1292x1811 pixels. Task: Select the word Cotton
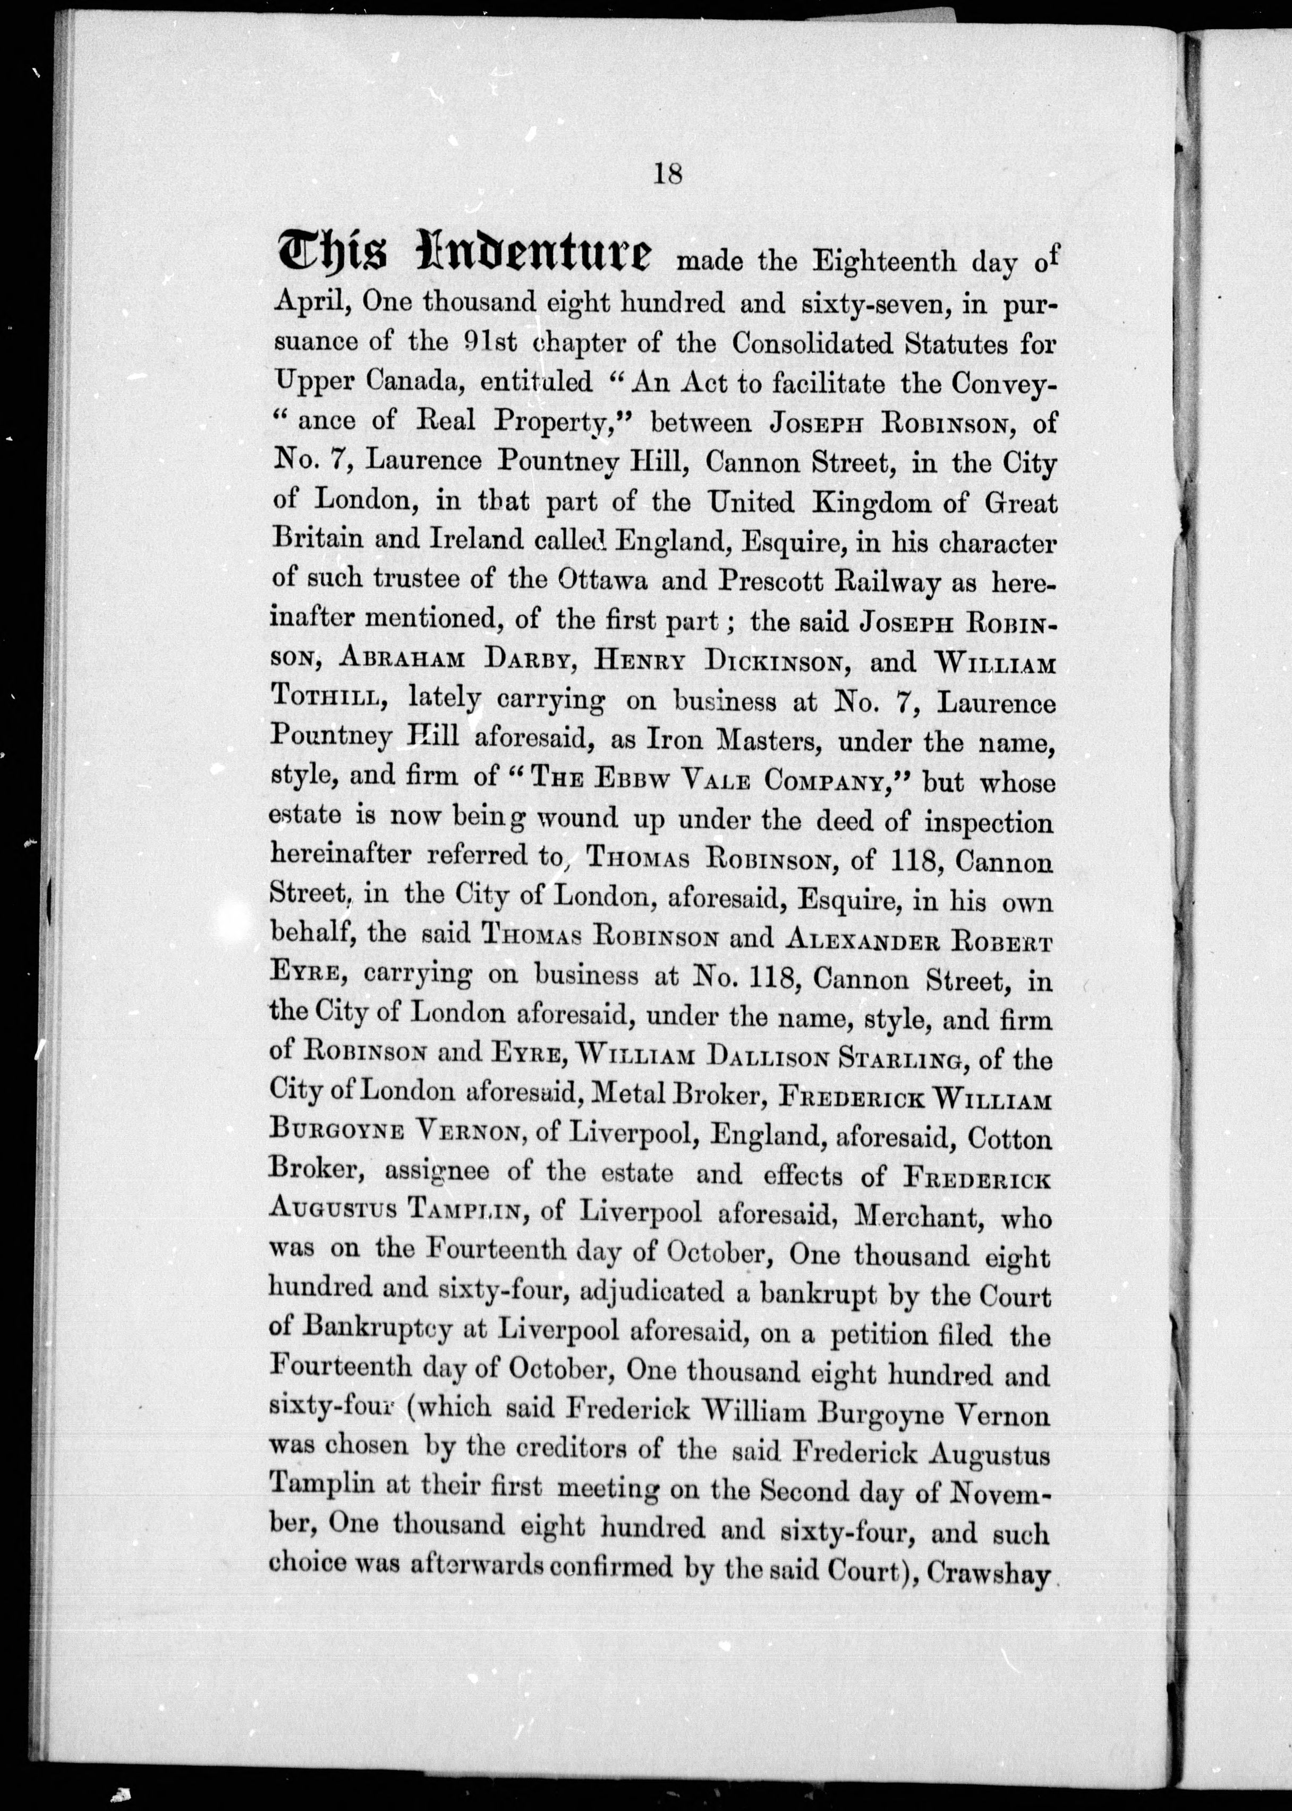pyautogui.click(x=1008, y=1139)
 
